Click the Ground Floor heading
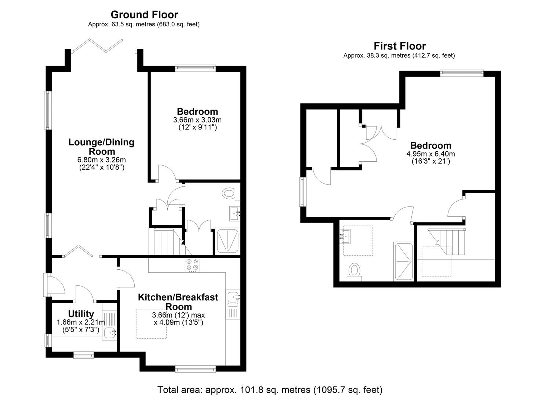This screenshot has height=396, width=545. coord(144,15)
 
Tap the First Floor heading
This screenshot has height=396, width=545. coord(400,46)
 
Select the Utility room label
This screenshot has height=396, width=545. coord(81,314)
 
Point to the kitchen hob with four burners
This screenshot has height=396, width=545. coord(192,265)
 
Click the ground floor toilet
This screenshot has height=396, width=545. coord(231,193)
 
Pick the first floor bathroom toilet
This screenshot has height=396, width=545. coord(354,272)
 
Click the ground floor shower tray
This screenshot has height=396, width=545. coord(227,241)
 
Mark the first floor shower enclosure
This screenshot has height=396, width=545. coord(404,261)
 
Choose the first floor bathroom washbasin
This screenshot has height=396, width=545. coord(345,236)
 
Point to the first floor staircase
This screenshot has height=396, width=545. coord(447,242)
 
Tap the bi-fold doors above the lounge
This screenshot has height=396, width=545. coord(97,45)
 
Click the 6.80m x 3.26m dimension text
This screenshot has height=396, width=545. coord(101,160)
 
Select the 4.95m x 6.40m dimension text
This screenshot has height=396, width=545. coord(430,154)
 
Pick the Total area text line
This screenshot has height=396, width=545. coord(270,389)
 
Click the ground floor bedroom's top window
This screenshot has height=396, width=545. coord(195,68)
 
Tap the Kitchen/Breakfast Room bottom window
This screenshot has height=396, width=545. coord(195,369)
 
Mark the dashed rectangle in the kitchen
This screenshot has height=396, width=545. coord(151,323)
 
